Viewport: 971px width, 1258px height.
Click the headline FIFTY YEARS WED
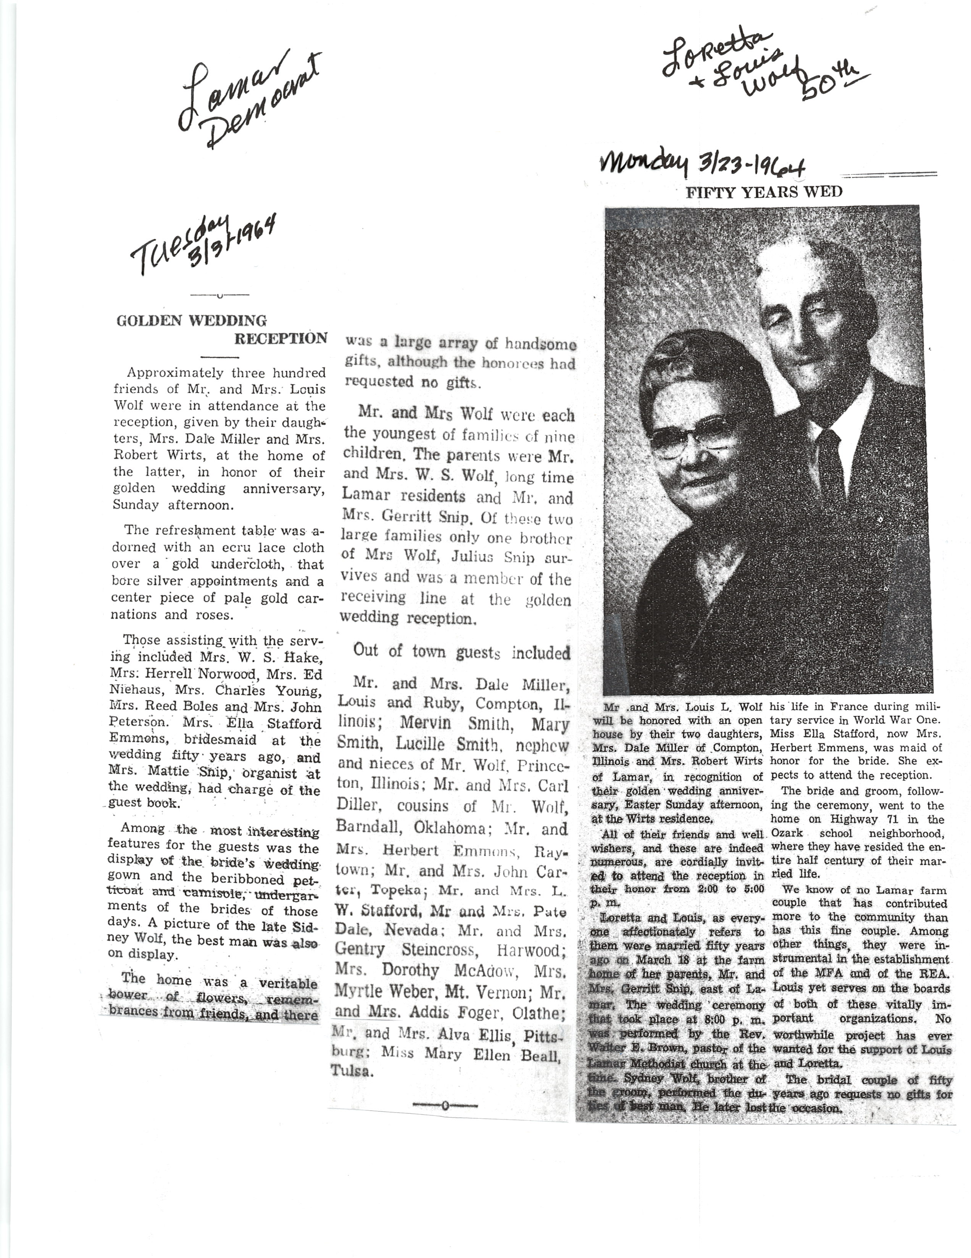point(764,192)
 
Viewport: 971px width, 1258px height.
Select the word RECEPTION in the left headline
point(281,338)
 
